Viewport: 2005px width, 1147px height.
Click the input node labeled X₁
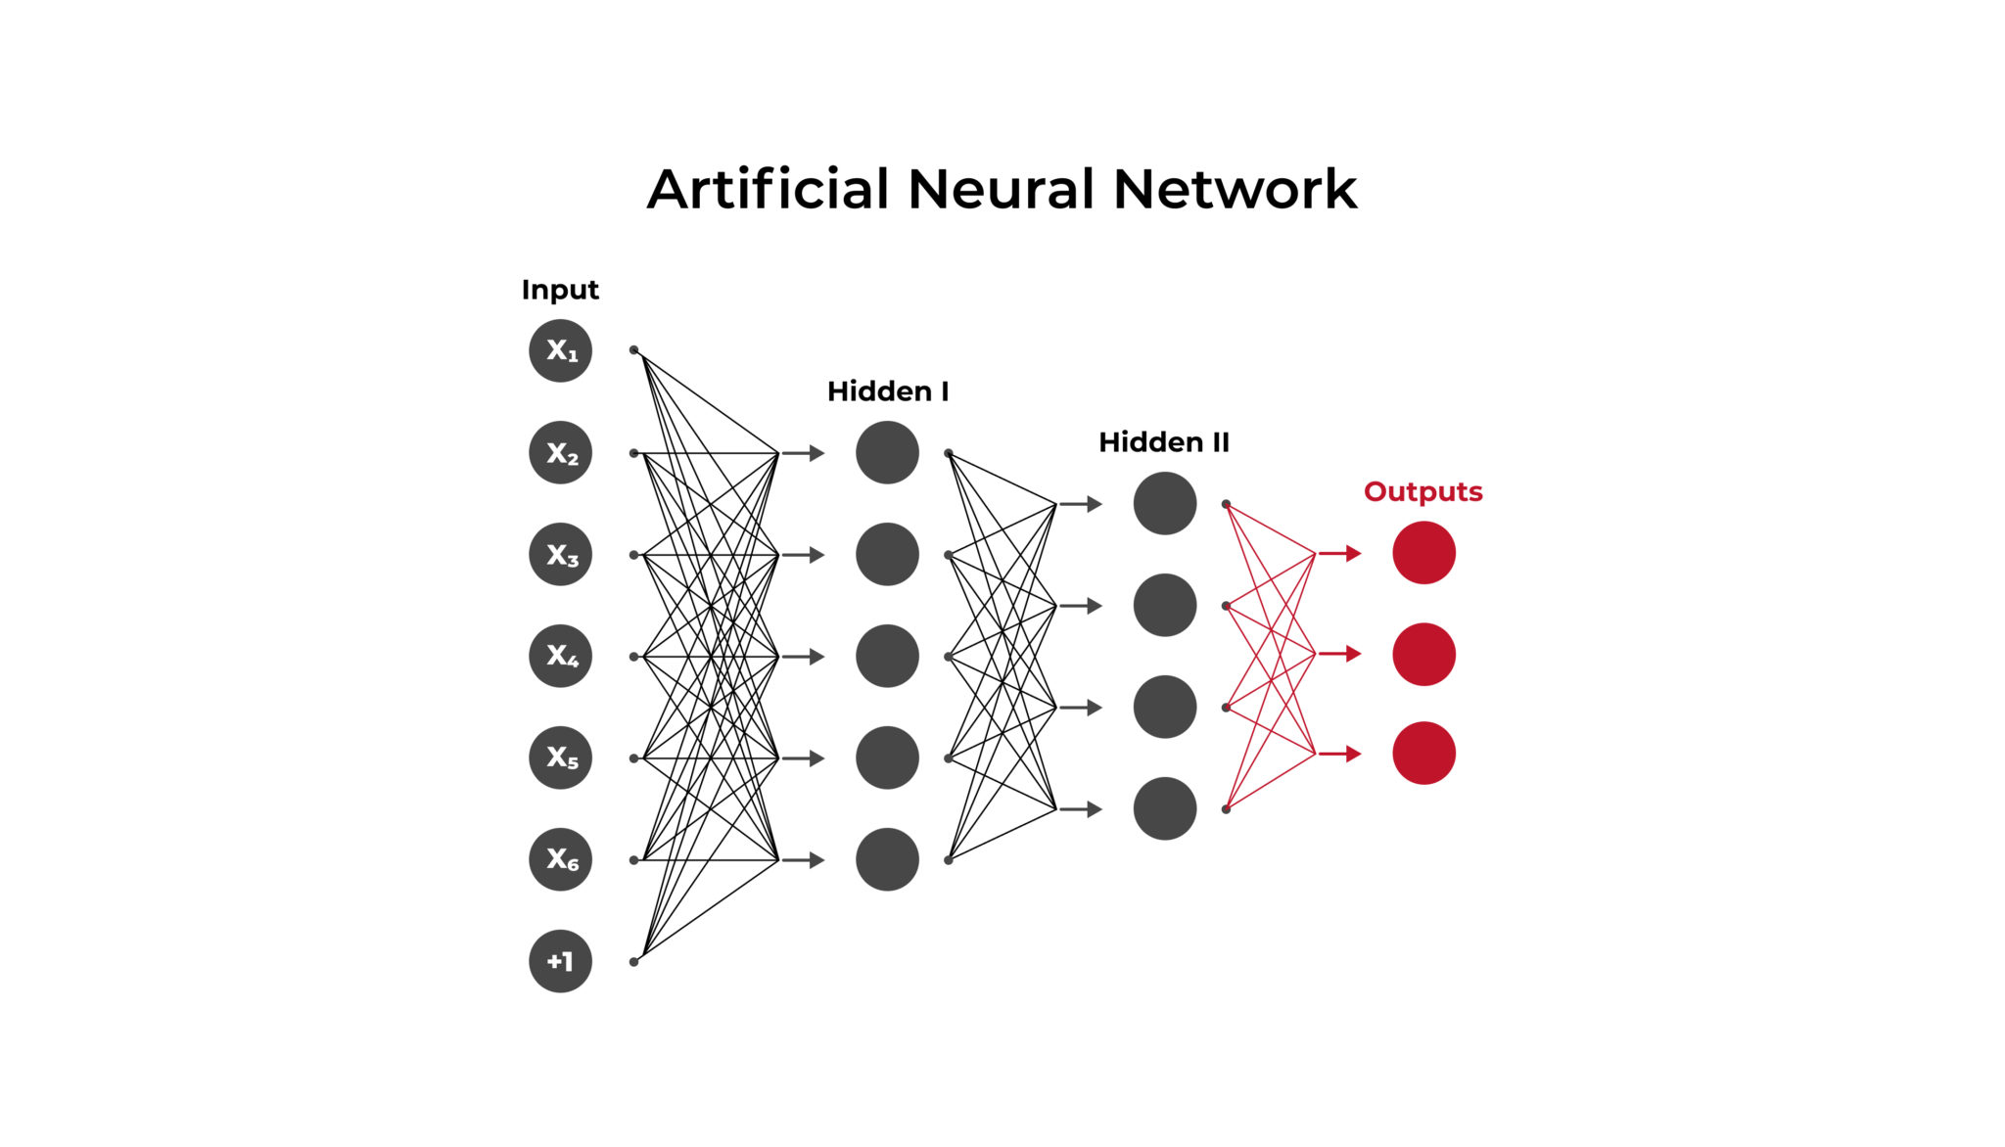click(x=560, y=350)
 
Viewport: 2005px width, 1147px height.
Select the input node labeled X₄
click(x=560, y=656)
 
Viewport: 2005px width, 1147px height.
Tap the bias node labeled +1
click(x=560, y=961)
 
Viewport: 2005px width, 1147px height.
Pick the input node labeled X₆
click(x=560, y=859)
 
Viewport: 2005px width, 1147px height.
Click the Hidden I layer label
click(x=887, y=391)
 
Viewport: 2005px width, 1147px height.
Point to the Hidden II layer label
click(x=1163, y=442)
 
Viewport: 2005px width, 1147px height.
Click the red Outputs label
click(x=1422, y=491)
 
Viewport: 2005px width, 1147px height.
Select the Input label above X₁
click(x=559, y=290)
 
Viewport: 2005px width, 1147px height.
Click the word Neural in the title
click(x=1001, y=189)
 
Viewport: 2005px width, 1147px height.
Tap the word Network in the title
click(x=1235, y=189)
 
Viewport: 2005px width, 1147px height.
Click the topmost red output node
click(x=1423, y=553)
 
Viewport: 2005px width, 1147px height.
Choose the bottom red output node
click(x=1423, y=753)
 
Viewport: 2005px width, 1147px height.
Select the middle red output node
click(x=1423, y=654)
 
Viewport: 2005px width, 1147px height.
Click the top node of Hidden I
click(x=887, y=452)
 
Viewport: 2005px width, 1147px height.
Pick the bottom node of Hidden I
click(x=887, y=859)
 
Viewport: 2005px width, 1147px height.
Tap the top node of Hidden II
click(x=1164, y=503)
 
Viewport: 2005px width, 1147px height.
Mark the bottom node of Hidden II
click(x=1164, y=808)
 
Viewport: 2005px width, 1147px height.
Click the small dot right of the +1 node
click(x=633, y=962)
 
